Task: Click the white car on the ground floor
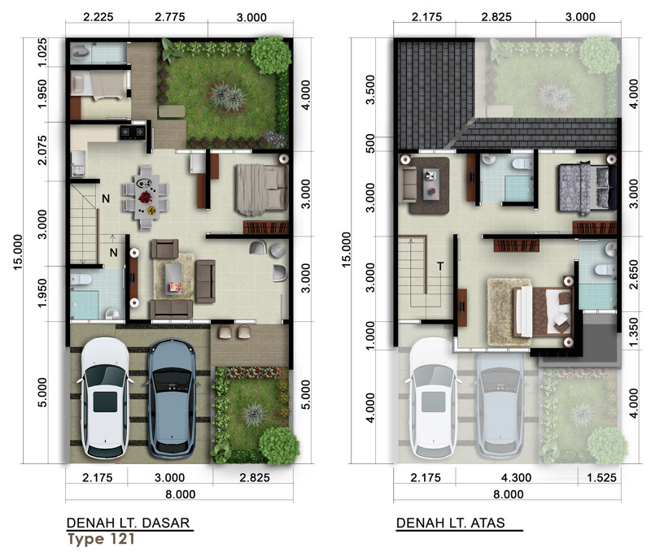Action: (105, 398)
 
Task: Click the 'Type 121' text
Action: (101, 539)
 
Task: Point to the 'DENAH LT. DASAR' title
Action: (129, 523)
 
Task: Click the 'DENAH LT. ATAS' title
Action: (451, 523)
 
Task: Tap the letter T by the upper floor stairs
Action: (440, 266)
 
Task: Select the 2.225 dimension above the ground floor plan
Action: (98, 17)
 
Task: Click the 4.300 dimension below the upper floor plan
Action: (516, 478)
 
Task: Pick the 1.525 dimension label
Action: (601, 478)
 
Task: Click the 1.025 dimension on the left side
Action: (42, 53)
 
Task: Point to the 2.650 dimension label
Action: (633, 274)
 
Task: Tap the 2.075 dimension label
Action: (42, 150)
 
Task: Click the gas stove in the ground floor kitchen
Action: (133, 132)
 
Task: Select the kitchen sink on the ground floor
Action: (78, 163)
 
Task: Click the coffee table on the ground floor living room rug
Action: (173, 278)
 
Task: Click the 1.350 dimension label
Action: (633, 332)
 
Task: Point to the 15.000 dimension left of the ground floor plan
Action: (18, 253)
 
